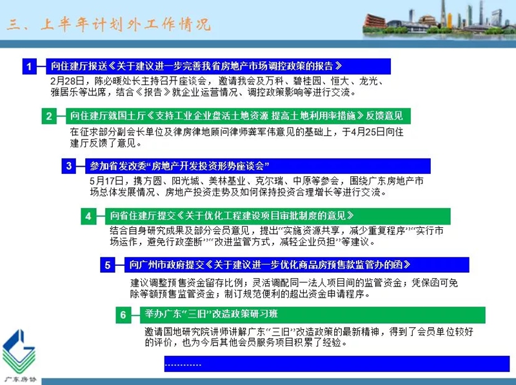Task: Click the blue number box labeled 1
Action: pos(29,66)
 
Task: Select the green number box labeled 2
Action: pos(49,116)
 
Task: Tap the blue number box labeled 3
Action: pos(69,166)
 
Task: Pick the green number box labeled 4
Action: pos(88,216)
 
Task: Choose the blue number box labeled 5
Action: pos(108,265)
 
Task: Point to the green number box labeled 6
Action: pos(123,315)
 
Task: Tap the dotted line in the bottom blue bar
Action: pos(183,365)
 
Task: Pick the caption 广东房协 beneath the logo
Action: pos(20,379)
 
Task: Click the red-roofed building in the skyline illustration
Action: pos(374,21)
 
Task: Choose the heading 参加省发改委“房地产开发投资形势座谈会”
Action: pos(179,166)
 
